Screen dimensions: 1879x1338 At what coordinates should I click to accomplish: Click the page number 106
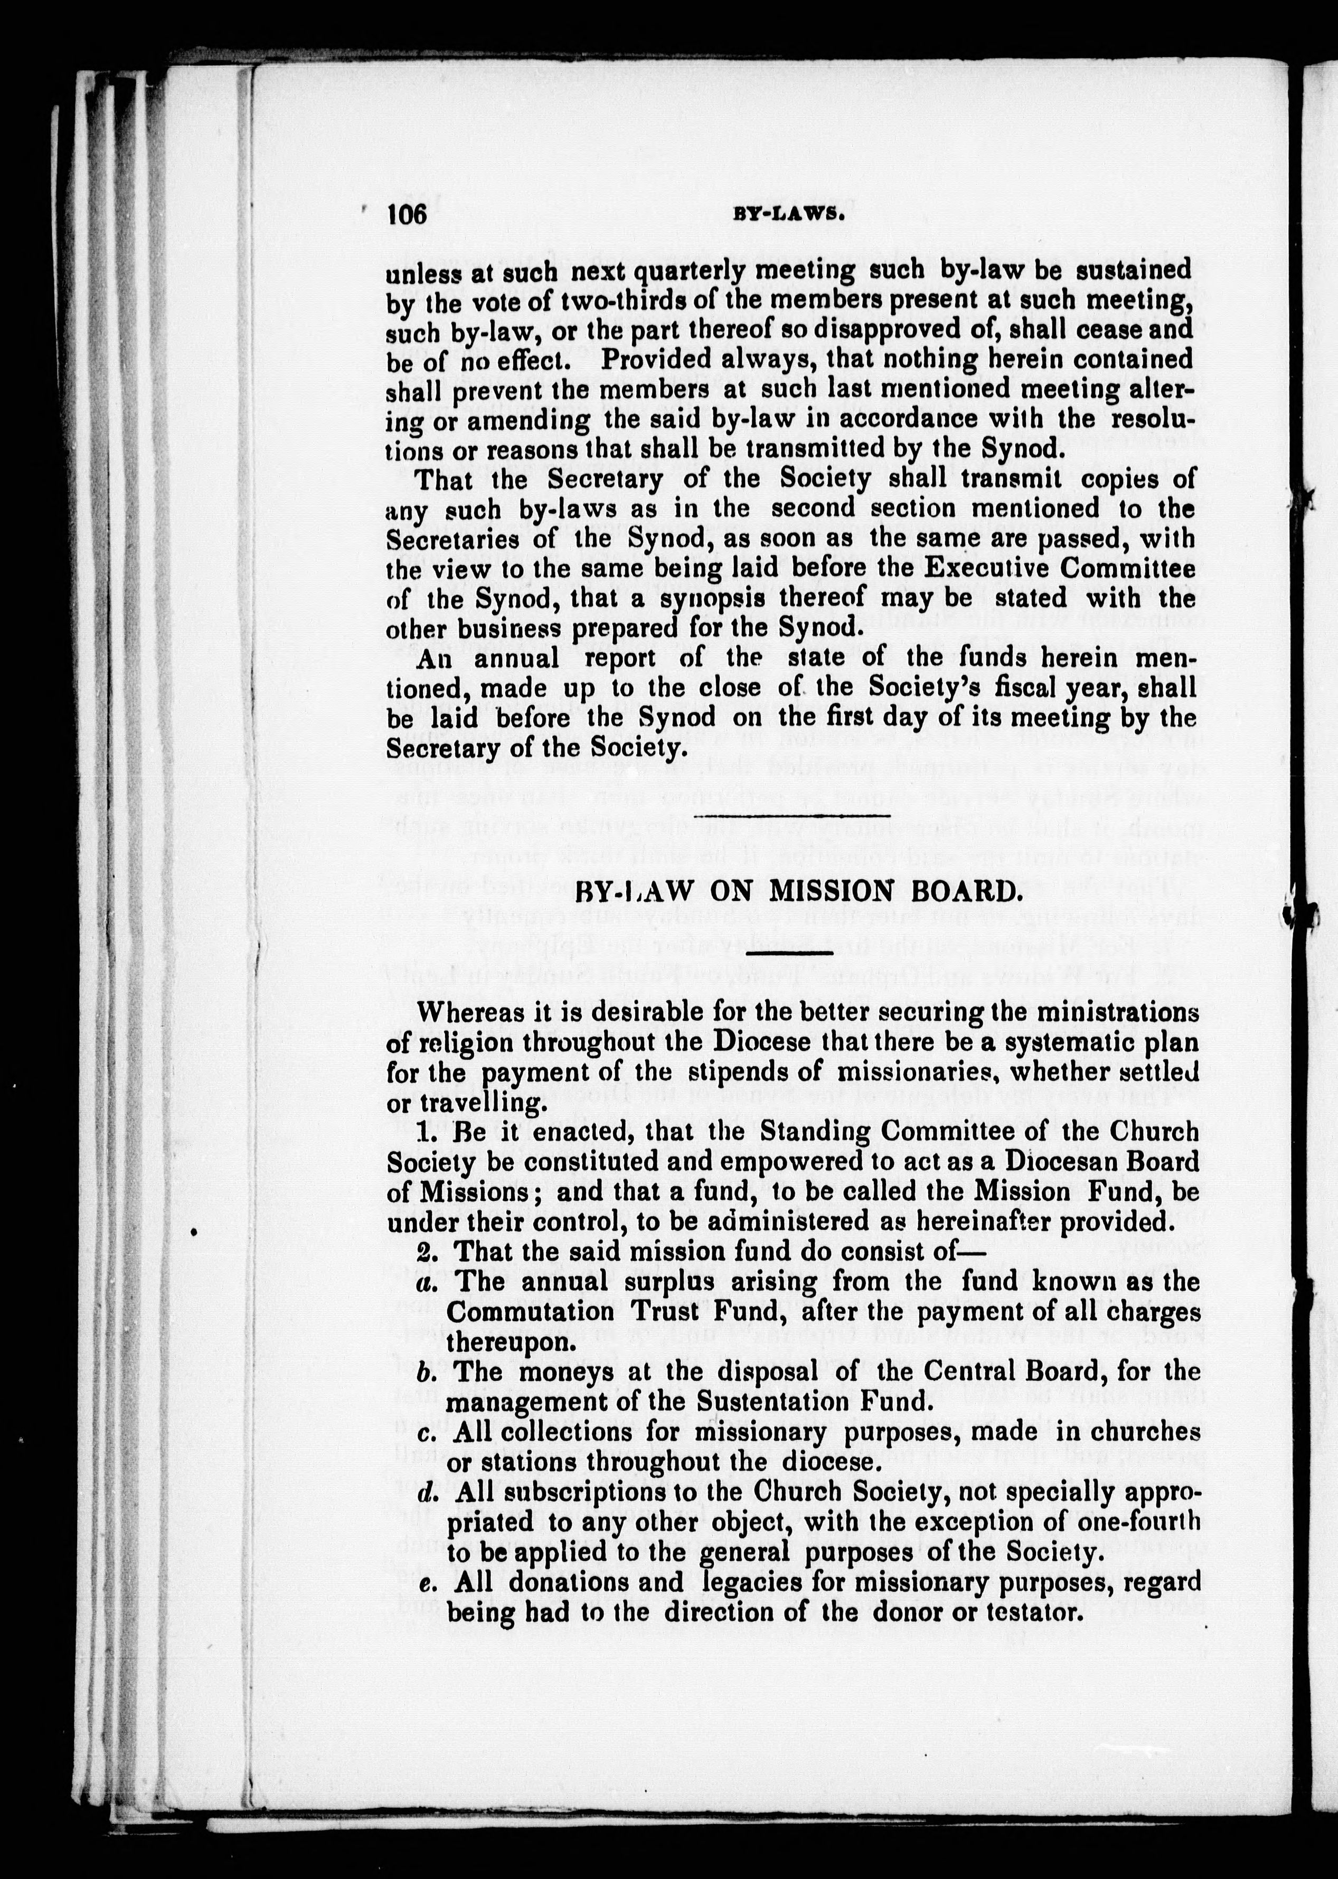(x=407, y=215)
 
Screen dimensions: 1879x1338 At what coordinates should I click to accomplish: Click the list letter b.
(x=425, y=1372)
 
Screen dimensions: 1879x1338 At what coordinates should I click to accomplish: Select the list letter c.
(x=425, y=1432)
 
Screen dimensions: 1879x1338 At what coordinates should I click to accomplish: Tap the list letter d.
(x=425, y=1492)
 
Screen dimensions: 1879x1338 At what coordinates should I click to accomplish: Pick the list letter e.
(x=425, y=1582)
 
